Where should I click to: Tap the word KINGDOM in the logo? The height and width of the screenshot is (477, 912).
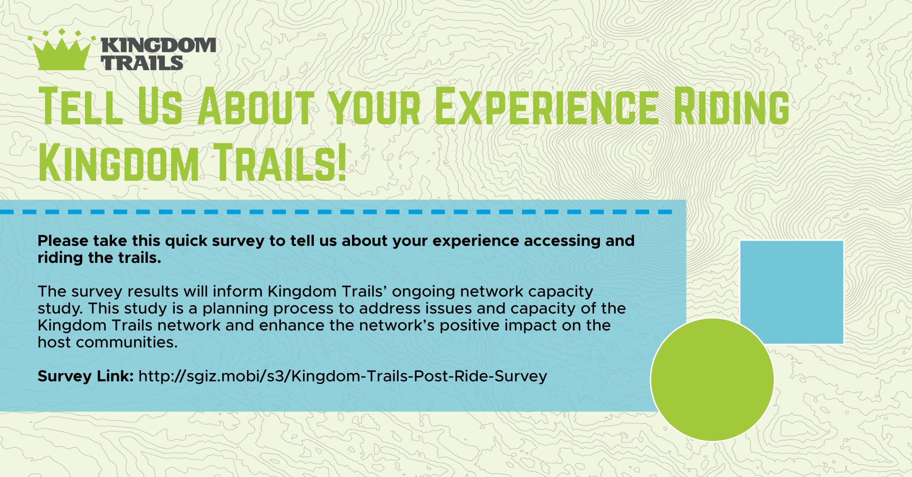click(x=159, y=46)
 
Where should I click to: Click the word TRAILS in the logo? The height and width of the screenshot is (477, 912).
click(x=142, y=63)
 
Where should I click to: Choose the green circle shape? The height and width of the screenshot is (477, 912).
click(x=712, y=379)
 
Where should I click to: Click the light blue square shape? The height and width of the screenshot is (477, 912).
click(x=792, y=292)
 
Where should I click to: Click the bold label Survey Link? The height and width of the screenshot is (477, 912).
click(x=85, y=376)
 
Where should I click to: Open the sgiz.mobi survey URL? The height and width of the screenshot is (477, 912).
click(x=343, y=377)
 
